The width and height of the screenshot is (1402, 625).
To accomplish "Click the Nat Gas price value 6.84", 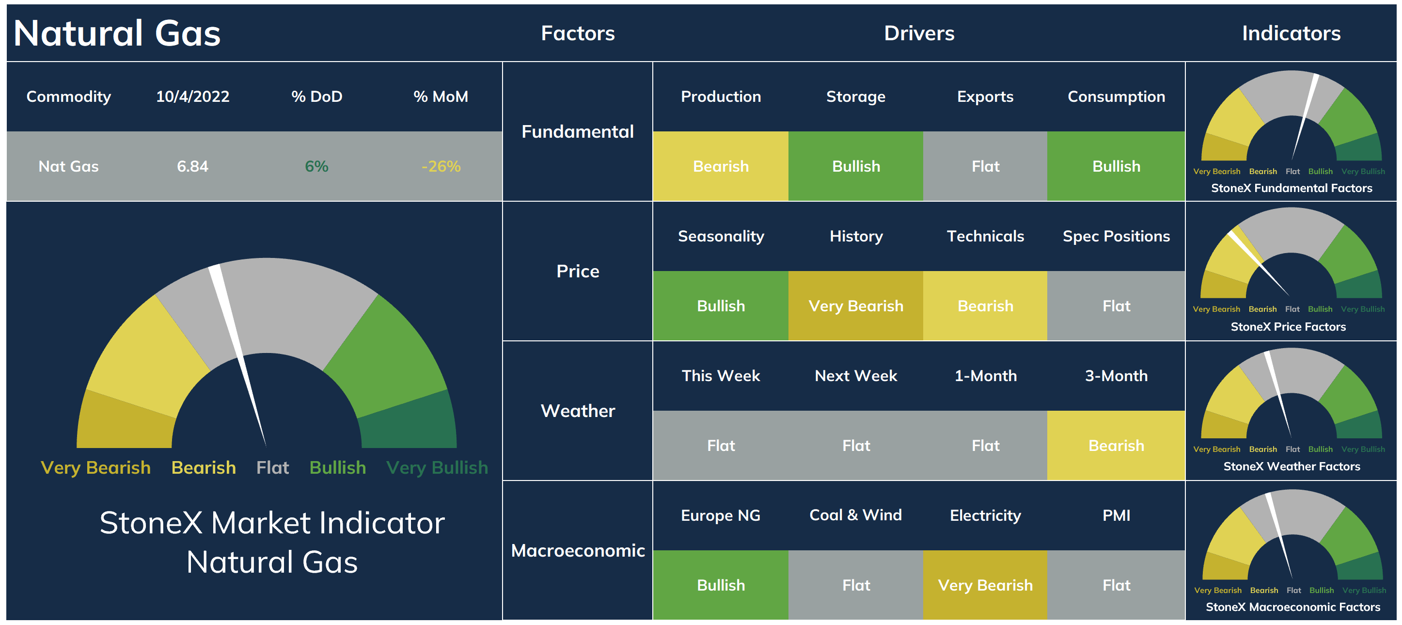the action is point(193,166).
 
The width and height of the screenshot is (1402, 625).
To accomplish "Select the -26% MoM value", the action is point(441,166).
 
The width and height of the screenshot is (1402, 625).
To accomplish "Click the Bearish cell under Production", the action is point(721,166).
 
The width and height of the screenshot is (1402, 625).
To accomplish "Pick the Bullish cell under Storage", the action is point(855,166).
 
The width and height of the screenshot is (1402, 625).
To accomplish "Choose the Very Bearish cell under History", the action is point(855,306).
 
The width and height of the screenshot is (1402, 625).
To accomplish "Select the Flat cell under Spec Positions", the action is point(1116,306).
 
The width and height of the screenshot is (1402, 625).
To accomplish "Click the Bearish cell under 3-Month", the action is point(1116,445).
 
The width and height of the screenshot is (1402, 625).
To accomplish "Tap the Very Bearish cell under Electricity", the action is point(985,585).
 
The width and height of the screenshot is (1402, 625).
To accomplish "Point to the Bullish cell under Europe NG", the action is point(721,585).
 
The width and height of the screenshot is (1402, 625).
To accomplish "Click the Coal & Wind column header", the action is point(855,515).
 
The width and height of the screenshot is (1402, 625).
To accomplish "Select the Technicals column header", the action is point(985,236).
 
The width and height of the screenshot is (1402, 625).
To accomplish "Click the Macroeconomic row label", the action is point(578,550).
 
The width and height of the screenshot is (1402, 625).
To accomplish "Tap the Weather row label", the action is point(578,411).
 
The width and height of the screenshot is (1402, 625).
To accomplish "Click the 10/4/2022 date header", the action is point(193,96).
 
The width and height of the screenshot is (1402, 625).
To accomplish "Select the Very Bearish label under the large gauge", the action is point(96,468).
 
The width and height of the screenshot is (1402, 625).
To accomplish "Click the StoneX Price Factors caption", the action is point(1288,327).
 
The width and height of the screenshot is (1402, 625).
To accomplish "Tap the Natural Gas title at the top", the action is point(117,32).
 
